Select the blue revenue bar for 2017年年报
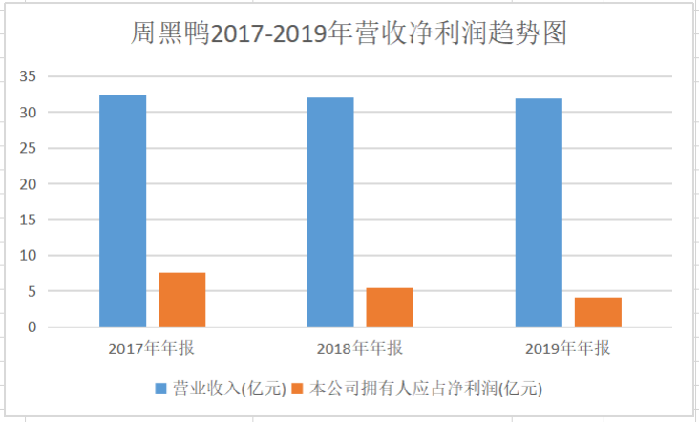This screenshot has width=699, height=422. (x=122, y=211)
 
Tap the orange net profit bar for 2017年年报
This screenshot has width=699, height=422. (x=181, y=300)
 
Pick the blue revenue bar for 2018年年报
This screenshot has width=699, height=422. (x=330, y=212)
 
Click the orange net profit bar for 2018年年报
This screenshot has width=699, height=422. (x=390, y=307)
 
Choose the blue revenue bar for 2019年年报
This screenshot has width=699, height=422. (x=539, y=213)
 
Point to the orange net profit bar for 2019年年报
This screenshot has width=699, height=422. (x=598, y=312)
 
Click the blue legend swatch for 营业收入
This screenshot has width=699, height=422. (x=160, y=389)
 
